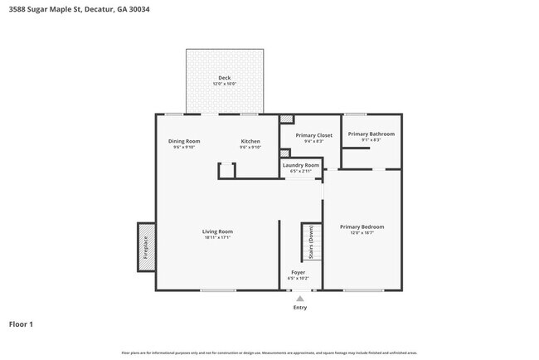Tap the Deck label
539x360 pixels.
coord(224,78)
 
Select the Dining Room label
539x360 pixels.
coord(184,141)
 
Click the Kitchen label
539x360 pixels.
coord(250,141)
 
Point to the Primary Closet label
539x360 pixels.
coord(313,134)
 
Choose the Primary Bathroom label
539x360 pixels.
coord(371,134)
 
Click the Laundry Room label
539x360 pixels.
coord(300,165)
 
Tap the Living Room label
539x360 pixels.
coord(217,231)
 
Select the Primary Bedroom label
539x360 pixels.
coord(362,226)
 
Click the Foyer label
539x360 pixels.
coord(298,272)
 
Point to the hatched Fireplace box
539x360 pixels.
coord(145,246)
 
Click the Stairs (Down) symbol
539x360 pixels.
coord(311,242)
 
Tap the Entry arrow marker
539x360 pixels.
coord(300,299)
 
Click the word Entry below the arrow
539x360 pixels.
coord(300,308)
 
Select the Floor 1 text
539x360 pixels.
coord(22,324)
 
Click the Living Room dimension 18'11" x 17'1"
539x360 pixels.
coord(217,237)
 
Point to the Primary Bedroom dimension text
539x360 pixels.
coord(362,232)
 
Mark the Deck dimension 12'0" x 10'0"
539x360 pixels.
coord(224,84)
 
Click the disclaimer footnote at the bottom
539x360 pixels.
coord(269,353)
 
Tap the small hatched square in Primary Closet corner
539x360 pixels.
coord(287,119)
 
